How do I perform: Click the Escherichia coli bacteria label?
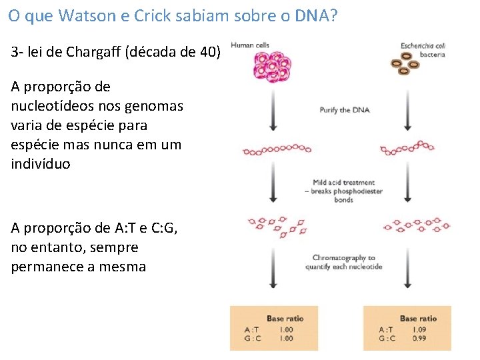coord(423,49)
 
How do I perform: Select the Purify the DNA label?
coord(344,109)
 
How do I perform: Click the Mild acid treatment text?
coord(343,182)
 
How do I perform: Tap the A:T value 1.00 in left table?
coord(285,329)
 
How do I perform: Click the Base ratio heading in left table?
coord(285,318)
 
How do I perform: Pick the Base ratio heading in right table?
coord(418,318)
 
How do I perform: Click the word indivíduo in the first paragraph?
coord(41,164)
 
